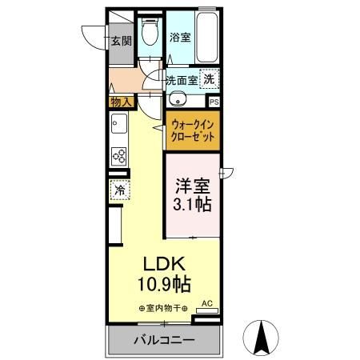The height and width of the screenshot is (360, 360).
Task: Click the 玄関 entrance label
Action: pos(122,42)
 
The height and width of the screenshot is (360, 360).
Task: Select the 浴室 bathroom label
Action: pos(180,37)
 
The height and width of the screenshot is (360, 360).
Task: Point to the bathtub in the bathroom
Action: pos(207,38)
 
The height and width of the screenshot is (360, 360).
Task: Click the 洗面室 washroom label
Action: pos(181,80)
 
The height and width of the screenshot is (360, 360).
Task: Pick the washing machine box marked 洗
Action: pos(208,78)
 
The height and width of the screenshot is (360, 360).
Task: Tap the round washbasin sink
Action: pos(178,100)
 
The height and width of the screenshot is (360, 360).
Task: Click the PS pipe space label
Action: pos(214,102)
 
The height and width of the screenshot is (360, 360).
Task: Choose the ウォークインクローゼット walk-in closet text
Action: pos(193,130)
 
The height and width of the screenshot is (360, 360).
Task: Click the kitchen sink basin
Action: pos(119,126)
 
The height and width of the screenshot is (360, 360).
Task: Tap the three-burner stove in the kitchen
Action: pos(119,155)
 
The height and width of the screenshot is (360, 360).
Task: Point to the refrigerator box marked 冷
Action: pos(119,191)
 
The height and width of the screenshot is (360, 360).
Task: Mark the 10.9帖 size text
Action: pos(166,284)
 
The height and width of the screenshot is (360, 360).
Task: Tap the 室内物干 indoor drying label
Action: pos(163,308)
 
